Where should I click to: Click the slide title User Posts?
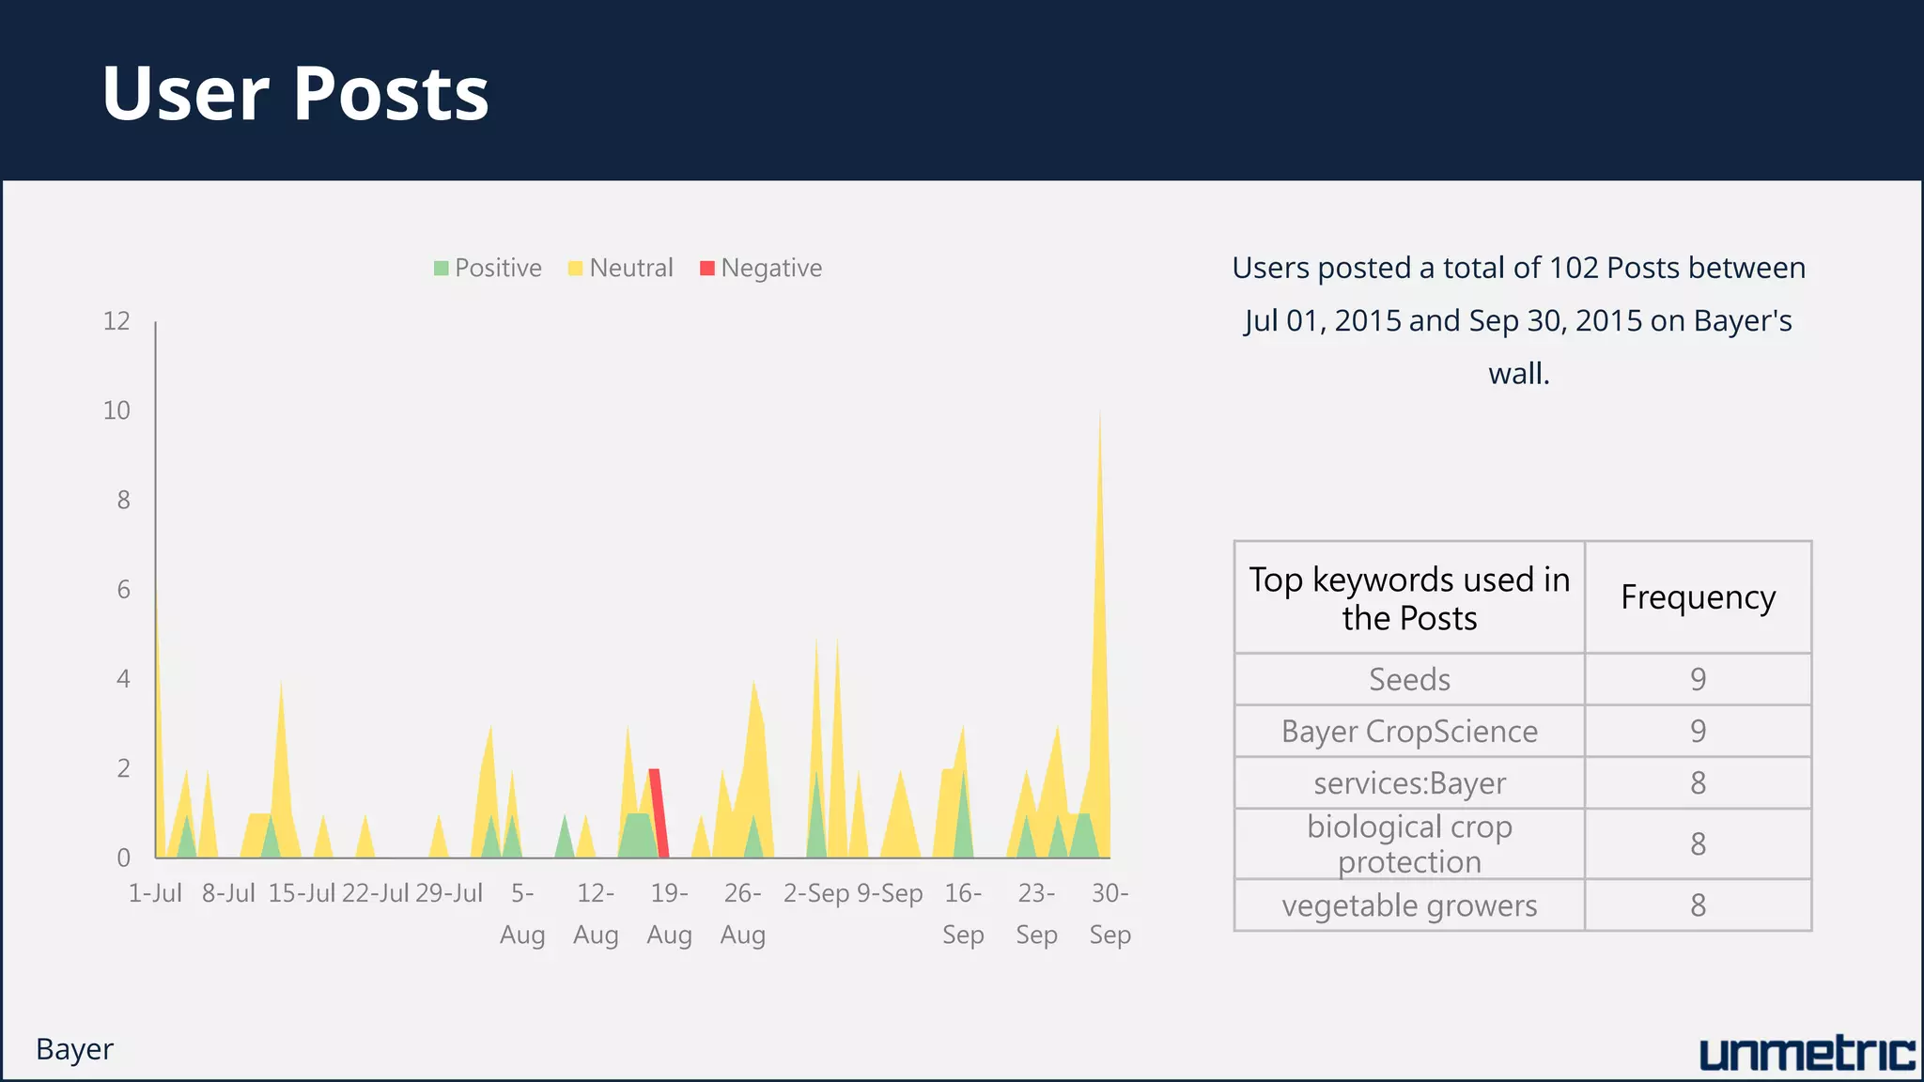(295, 93)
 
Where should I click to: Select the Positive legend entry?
(488, 269)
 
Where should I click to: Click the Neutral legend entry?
(621, 269)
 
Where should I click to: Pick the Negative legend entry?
(761, 269)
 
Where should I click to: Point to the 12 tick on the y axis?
(116, 321)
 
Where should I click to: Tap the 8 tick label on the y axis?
(123, 500)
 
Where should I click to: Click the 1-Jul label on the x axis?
(155, 893)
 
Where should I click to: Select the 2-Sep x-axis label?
(816, 893)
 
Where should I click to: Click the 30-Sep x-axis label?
(1109, 913)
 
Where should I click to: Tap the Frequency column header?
(1698, 597)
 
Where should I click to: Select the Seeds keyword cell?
(1409, 679)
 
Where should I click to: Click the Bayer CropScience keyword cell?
(1409, 731)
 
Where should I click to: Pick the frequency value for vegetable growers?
(1698, 905)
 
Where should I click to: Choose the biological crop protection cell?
(1409, 843)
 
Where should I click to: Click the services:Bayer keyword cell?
(1409, 782)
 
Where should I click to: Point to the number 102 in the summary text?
(1574, 268)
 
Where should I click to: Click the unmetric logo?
(1807, 1054)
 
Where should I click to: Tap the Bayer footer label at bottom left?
(74, 1049)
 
